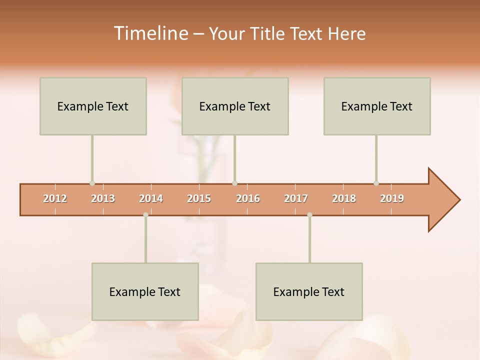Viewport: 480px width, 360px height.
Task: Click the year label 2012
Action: tap(55, 198)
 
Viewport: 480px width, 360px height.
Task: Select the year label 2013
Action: tap(103, 198)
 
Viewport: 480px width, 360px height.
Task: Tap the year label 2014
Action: tap(151, 198)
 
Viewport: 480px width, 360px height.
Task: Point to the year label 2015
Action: tap(199, 198)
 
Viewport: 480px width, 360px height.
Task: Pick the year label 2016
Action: tap(248, 198)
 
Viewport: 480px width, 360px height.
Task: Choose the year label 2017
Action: tap(296, 198)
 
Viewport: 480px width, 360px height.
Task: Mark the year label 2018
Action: tap(344, 198)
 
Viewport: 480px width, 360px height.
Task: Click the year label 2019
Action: tap(392, 198)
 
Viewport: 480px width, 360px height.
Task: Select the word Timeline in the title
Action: tap(150, 33)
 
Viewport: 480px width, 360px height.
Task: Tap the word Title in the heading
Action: tap(269, 33)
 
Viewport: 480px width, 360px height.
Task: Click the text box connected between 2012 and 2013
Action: tap(93, 106)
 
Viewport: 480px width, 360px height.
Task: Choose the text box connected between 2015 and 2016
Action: tap(235, 106)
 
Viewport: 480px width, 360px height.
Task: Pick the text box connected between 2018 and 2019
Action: tap(377, 106)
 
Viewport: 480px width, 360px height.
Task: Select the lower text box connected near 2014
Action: tap(145, 291)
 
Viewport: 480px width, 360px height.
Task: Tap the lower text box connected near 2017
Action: tap(309, 291)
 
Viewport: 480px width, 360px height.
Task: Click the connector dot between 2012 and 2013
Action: tap(92, 183)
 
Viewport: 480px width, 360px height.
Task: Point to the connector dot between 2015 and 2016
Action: tap(234, 183)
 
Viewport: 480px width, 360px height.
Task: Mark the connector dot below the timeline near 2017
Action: tap(309, 215)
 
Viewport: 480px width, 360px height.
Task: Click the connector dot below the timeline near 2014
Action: tap(145, 215)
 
